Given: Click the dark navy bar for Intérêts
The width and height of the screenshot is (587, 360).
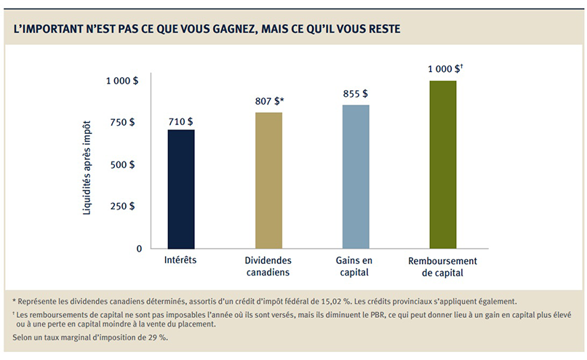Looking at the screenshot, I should pyautogui.click(x=181, y=189).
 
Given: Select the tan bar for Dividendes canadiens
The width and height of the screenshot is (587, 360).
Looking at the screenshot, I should pyautogui.click(x=268, y=180).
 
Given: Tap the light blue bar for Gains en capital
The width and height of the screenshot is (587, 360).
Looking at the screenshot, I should pyautogui.click(x=356, y=177).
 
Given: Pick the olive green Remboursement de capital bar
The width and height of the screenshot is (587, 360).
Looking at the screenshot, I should pyautogui.click(x=443, y=164).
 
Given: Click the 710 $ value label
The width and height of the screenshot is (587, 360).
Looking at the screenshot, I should pyautogui.click(x=180, y=121).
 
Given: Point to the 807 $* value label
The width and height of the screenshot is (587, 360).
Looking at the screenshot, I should pyautogui.click(x=268, y=103).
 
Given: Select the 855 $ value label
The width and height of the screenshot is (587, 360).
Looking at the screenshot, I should pyautogui.click(x=355, y=95).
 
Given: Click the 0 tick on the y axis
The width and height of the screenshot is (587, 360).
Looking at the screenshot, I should pyautogui.click(x=137, y=249).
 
